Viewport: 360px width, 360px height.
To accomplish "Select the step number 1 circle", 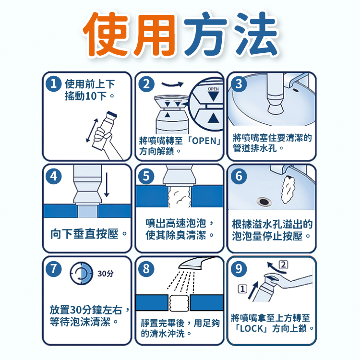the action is [x=53, y=84].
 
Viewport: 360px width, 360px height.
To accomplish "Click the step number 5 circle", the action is [x=146, y=176].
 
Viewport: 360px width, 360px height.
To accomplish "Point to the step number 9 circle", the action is [x=239, y=269].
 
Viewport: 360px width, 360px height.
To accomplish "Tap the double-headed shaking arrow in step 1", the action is [x=92, y=130].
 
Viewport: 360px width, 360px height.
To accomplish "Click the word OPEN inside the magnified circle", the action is [x=213, y=89].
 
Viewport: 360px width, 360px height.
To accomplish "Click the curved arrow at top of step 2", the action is [x=172, y=84].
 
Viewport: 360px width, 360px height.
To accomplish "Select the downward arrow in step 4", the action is [x=107, y=185].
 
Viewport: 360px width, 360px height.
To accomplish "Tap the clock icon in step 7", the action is [x=82, y=274].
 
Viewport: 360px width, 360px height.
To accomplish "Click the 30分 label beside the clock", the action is [x=106, y=274].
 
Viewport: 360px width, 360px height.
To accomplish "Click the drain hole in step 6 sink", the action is [x=264, y=202].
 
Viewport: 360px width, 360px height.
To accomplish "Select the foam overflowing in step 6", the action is [x=287, y=190].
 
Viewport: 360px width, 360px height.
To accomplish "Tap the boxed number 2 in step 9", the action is [x=283, y=264].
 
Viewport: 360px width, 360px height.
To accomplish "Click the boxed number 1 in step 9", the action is [x=242, y=289].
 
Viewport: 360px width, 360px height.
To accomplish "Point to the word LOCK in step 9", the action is [x=252, y=329].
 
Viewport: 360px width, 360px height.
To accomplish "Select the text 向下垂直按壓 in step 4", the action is [x=84, y=234].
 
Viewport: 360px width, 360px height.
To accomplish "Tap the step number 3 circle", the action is [x=239, y=84].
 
